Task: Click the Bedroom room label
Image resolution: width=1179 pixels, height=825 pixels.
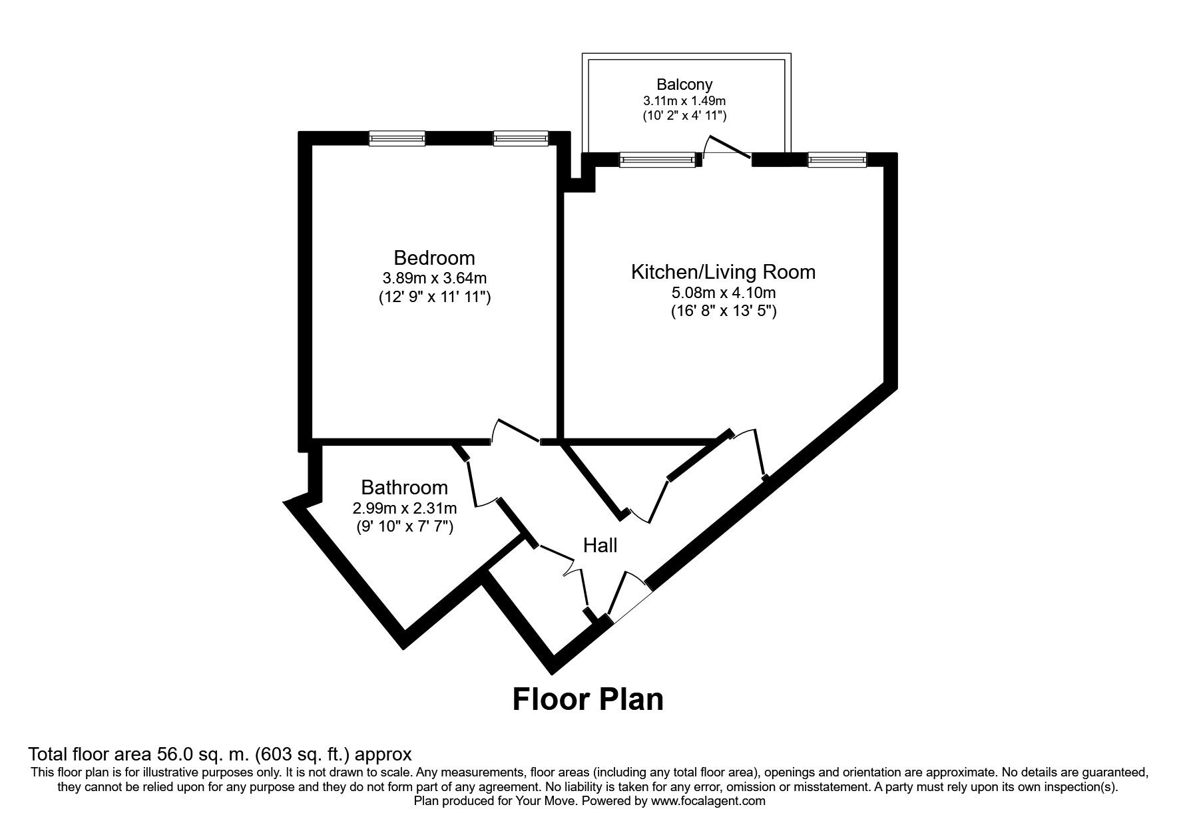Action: click(434, 257)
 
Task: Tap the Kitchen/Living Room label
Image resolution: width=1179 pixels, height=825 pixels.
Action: click(723, 271)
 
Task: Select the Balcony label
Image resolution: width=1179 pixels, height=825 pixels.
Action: click(684, 84)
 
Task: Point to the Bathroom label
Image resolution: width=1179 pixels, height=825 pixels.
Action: click(404, 488)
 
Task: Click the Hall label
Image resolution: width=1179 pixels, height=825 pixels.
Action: click(600, 546)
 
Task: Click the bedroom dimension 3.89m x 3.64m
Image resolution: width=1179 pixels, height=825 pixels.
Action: click(434, 278)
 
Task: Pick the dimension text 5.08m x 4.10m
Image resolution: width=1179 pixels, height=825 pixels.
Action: click(723, 292)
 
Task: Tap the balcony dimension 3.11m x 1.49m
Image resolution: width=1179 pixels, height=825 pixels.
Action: click(684, 101)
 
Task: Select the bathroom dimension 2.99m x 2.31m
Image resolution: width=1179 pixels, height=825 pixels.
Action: click(404, 509)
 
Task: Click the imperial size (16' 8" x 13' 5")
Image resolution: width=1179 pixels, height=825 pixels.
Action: click(723, 311)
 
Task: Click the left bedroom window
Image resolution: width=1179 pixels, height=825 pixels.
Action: click(397, 138)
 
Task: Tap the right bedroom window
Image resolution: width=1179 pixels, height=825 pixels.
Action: click(521, 138)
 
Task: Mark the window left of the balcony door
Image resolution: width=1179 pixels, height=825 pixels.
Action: click(658, 160)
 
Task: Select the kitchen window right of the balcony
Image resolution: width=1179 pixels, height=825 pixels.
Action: click(837, 160)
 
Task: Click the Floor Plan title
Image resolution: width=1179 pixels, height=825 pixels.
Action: click(588, 700)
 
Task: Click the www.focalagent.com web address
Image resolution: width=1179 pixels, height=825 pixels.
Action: click(708, 801)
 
